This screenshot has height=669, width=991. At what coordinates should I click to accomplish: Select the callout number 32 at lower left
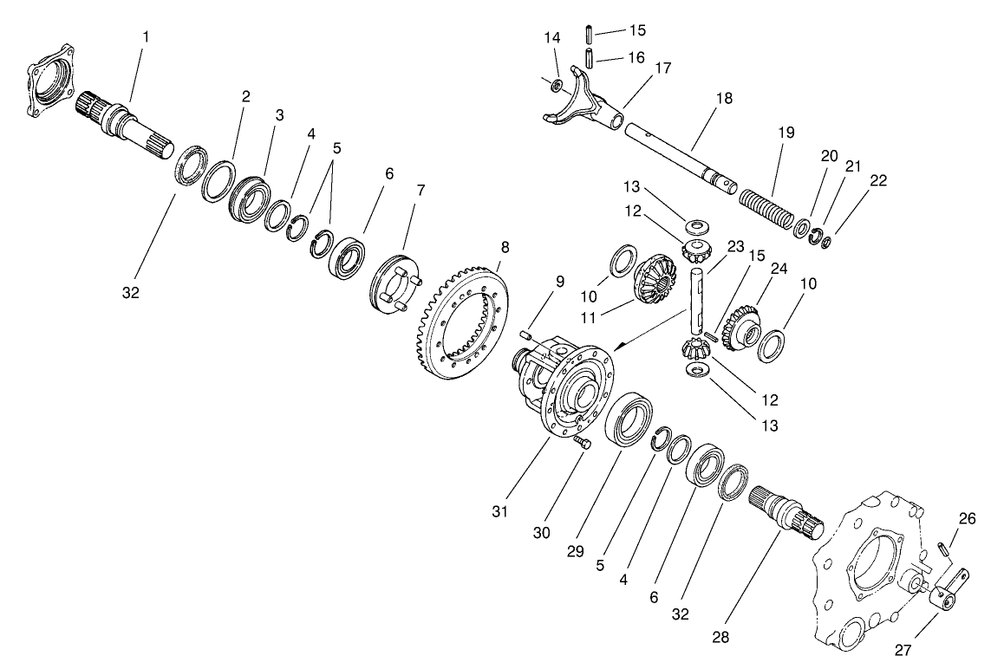(131, 293)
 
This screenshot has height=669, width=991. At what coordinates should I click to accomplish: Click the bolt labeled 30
(581, 443)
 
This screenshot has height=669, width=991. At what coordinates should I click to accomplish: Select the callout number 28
(720, 638)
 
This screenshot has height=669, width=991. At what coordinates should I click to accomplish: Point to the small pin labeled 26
(943, 549)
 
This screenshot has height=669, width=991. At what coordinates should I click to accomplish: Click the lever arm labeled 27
(948, 593)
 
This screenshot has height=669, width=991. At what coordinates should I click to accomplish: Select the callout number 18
(725, 98)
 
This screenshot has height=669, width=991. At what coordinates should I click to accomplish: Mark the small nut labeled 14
(557, 84)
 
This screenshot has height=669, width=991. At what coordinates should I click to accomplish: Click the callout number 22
(878, 180)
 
